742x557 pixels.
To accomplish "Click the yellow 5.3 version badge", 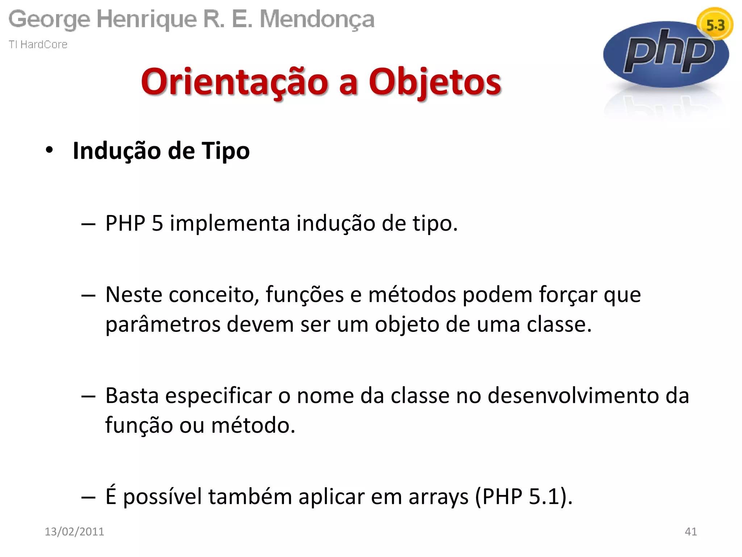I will [x=715, y=24].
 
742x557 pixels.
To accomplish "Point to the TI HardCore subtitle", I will [x=38, y=44].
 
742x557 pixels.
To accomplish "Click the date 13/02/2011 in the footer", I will [x=74, y=531].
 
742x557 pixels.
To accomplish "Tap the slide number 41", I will [x=691, y=531].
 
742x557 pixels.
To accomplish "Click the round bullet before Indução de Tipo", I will [x=49, y=150].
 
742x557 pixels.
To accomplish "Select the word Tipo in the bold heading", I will [x=226, y=150].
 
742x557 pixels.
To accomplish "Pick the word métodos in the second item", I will [x=412, y=294].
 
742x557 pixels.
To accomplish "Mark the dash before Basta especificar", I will [x=88, y=396].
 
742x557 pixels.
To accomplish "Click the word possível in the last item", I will [x=162, y=496].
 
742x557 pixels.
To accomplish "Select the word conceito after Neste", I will [x=214, y=294].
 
